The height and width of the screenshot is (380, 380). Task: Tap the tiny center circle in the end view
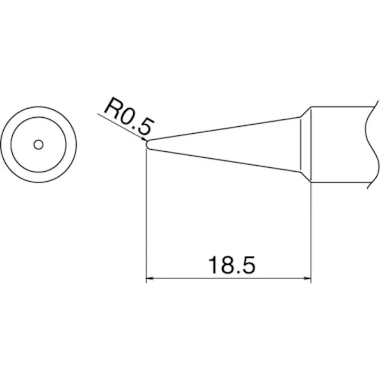(x=38, y=144)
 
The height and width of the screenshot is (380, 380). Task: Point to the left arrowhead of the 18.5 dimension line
(x=150, y=278)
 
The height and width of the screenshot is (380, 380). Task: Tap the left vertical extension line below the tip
(x=146, y=213)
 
